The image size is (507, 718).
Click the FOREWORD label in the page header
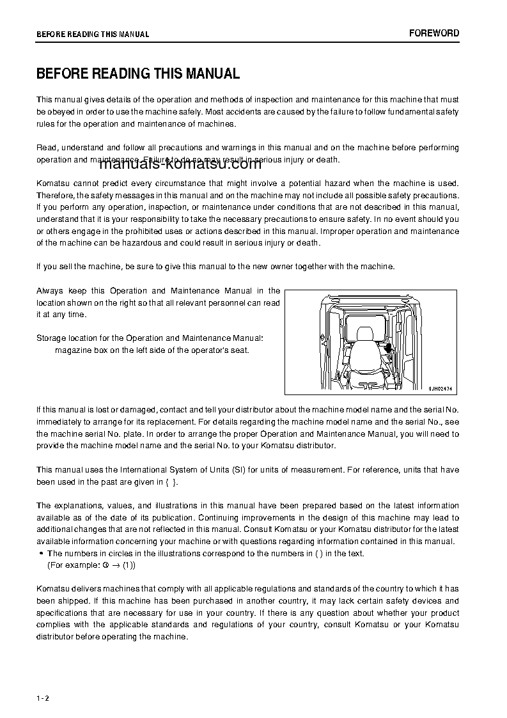tap(434, 33)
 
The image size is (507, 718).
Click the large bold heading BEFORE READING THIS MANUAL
tap(138, 74)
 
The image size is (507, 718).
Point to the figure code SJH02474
tap(440, 388)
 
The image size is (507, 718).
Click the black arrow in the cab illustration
tap(388, 347)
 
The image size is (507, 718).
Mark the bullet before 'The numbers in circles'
tap(41, 554)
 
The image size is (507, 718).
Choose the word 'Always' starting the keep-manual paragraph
tap(49, 291)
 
